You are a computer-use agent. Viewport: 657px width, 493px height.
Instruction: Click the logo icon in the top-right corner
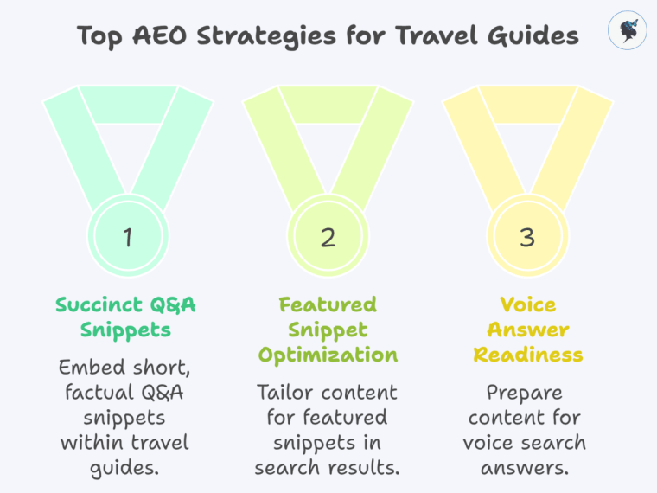(628, 31)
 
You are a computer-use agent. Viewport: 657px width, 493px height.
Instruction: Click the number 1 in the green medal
(127, 237)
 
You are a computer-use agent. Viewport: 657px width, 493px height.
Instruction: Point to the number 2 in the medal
(328, 237)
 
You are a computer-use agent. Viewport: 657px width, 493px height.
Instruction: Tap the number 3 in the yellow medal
(527, 237)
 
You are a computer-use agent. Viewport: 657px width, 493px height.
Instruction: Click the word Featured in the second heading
(328, 304)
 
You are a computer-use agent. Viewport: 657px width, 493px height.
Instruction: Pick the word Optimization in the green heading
(328, 355)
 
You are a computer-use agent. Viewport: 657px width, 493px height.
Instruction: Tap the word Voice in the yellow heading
(527, 304)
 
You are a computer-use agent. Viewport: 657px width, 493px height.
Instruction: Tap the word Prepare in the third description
(527, 393)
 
